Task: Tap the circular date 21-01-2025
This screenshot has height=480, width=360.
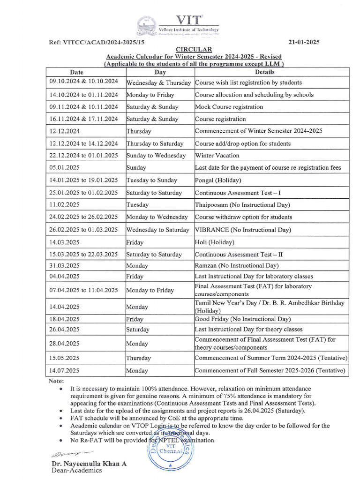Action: point(303,42)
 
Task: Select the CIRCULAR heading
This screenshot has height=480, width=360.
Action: point(194,50)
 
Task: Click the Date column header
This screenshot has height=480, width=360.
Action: point(77,72)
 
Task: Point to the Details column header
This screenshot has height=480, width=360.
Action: point(265,72)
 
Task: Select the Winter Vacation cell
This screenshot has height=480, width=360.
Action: point(217,156)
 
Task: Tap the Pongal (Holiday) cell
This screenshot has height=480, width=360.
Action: point(218,180)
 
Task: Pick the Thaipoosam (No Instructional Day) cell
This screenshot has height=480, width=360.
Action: point(242,205)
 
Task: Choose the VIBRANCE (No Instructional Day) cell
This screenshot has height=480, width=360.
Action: point(243,230)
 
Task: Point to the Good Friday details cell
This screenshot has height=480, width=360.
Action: point(243,319)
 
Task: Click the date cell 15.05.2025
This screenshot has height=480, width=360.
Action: point(65,358)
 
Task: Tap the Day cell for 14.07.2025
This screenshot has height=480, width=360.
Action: point(138,370)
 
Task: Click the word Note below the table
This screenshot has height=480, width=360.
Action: point(56,381)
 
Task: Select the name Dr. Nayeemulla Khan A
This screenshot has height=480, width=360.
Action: point(89,464)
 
